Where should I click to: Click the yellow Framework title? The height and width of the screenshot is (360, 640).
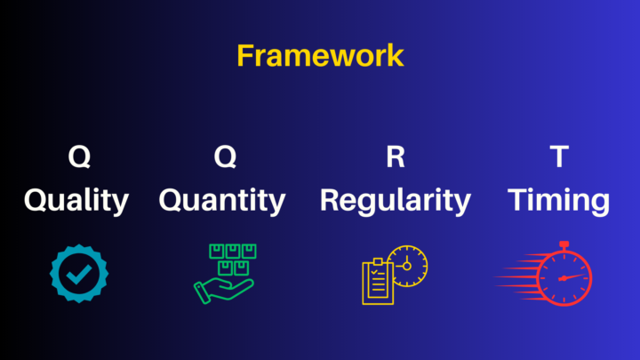tap(320, 55)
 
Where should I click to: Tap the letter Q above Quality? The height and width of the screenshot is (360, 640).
tap(79, 157)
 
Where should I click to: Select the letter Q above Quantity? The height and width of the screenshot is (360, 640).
tap(225, 157)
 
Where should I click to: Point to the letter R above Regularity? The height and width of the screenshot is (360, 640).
tap(395, 157)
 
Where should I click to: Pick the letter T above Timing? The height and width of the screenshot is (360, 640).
tap(559, 157)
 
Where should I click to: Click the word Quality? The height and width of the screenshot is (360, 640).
tap(76, 200)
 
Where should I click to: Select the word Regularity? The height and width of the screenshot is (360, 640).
tap(395, 200)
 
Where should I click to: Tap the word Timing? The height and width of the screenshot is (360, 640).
tap(559, 200)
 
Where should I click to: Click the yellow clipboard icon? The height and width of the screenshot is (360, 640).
tap(378, 283)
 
